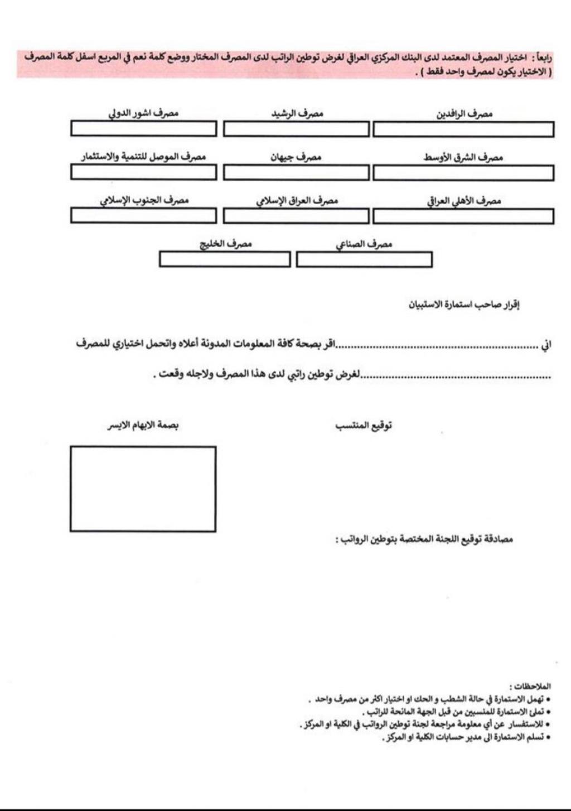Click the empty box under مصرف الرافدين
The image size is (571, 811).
point(463,129)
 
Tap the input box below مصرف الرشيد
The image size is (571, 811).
point(296,129)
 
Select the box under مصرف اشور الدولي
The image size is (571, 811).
point(143,129)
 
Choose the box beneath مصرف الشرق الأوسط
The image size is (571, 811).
point(463,173)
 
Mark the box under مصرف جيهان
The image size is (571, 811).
point(296,173)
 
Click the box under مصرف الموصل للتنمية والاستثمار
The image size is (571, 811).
point(143,172)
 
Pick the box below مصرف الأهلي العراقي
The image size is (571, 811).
point(463,216)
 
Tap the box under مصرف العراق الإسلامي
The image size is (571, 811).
point(296,216)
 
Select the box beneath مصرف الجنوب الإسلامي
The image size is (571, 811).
point(143,215)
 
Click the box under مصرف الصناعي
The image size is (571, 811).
point(364,260)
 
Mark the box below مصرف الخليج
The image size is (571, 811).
point(225,259)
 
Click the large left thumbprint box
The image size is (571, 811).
point(143,489)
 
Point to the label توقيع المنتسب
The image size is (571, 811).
point(364,426)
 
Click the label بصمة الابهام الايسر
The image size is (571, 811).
point(143,426)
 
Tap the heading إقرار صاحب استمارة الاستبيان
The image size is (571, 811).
point(464,305)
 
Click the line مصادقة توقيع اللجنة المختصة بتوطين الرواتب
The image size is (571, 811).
point(424,539)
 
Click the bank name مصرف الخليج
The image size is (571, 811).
point(226,244)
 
